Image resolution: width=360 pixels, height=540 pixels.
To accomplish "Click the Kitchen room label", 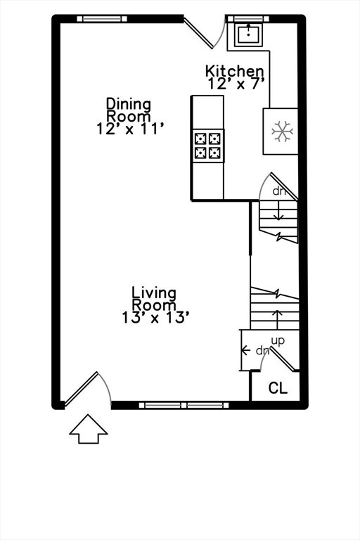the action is (x=235, y=71).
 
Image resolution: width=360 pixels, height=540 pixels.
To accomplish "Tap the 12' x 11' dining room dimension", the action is (x=129, y=129).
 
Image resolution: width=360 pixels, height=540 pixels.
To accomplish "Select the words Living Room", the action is (x=154, y=299).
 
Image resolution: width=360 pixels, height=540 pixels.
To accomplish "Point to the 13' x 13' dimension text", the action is (x=155, y=318).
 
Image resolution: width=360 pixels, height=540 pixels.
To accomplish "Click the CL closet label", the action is (x=278, y=388).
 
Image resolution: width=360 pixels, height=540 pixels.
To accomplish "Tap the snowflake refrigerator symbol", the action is (x=282, y=131).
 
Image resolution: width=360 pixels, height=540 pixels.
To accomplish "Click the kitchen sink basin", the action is (x=248, y=34).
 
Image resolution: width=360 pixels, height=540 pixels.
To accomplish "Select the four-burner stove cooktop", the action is (x=208, y=146).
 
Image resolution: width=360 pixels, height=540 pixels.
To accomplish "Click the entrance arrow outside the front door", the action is (x=89, y=429).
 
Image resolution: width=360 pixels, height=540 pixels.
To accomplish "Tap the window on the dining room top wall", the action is (x=102, y=18).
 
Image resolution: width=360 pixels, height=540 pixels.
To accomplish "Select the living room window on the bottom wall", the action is (x=184, y=405).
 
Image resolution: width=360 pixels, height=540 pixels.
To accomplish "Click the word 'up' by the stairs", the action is (x=278, y=341).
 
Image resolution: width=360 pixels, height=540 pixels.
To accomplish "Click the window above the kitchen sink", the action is (x=247, y=18).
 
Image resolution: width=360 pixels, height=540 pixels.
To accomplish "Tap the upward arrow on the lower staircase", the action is (x=277, y=319).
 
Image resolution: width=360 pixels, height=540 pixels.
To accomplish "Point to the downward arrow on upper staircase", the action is (x=278, y=211).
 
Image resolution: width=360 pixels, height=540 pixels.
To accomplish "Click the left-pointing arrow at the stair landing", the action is (x=245, y=350).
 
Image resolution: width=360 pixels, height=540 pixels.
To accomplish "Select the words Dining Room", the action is (x=129, y=110).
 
